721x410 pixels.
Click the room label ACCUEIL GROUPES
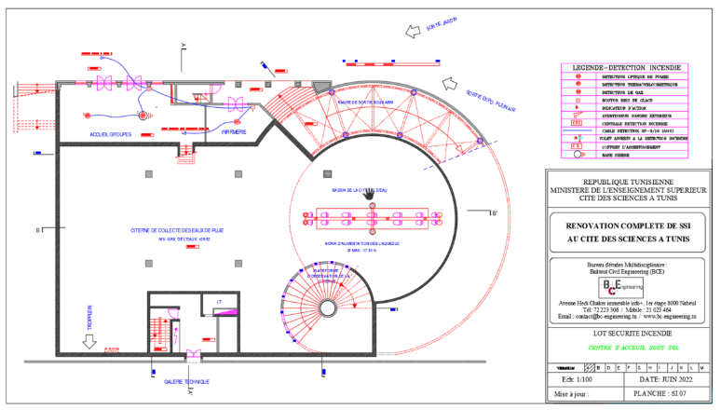click(111, 134)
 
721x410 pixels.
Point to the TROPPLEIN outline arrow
click(90, 342)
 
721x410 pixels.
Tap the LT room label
click(218, 301)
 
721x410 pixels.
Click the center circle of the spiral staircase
click(328, 307)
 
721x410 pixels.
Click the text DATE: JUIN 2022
click(661, 380)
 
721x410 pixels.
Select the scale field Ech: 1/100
click(571, 380)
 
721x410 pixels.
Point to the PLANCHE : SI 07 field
click(661, 395)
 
